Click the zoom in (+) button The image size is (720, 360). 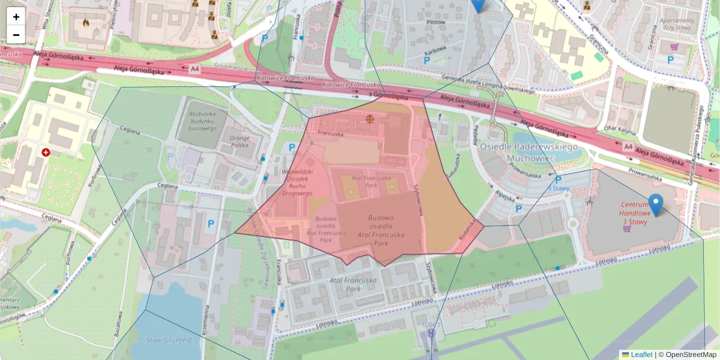coord(16,17)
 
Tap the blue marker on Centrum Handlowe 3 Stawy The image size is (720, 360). coord(656,205)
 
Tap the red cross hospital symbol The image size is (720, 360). coord(46,152)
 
